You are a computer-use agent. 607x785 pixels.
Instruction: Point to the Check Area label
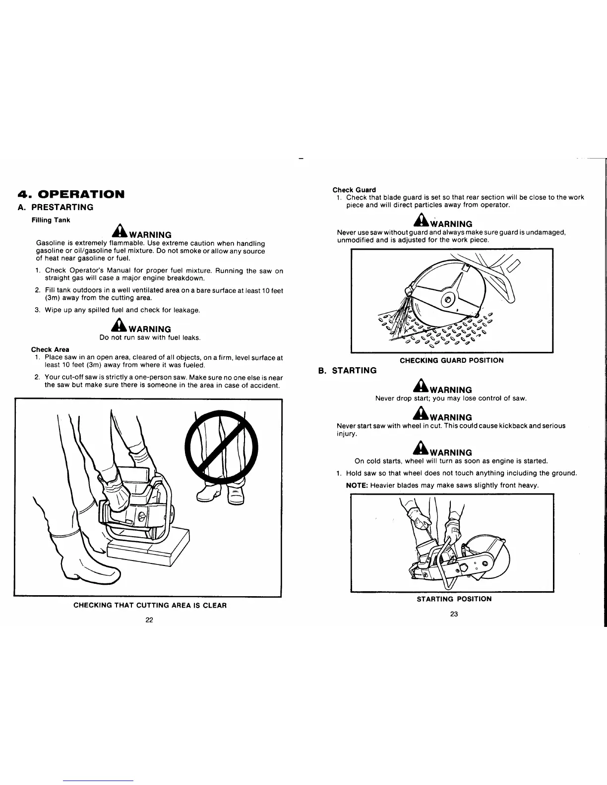pyautogui.click(x=50, y=349)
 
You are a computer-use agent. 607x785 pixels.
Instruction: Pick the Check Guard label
pyautogui.click(x=354, y=190)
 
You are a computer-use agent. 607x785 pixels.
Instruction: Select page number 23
pyautogui.click(x=454, y=614)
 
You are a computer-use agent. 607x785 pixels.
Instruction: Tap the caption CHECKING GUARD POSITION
pyautogui.click(x=451, y=360)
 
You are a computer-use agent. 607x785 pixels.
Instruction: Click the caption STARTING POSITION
pyautogui.click(x=454, y=599)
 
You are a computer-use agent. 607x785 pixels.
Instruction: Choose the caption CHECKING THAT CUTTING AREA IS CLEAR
pyautogui.click(x=150, y=605)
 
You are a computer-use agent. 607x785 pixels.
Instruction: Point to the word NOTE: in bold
pyautogui.click(x=357, y=485)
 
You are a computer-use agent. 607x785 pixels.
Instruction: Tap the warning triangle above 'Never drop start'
pyautogui.click(x=422, y=388)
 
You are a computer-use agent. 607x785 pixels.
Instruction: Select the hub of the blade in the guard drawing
pyautogui.click(x=448, y=299)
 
